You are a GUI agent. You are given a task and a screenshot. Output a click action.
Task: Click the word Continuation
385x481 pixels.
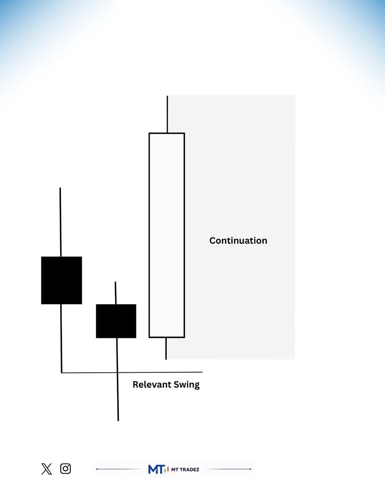click(x=238, y=241)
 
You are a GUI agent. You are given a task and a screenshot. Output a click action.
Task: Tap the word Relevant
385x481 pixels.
click(x=152, y=384)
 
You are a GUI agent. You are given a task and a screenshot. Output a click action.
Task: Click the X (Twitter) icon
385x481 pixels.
click(x=47, y=469)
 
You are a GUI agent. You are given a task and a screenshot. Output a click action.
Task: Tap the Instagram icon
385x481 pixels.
click(x=65, y=469)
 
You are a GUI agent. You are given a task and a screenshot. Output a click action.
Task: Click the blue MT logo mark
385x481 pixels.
click(x=156, y=469)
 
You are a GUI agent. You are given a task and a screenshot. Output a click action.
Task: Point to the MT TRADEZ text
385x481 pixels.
click(x=185, y=470)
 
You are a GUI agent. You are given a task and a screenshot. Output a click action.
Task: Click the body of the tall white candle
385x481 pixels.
click(x=167, y=235)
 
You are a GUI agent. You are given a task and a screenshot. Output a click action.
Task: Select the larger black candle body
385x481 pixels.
click(x=61, y=280)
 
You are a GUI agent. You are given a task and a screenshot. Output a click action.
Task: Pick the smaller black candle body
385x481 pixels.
click(x=116, y=321)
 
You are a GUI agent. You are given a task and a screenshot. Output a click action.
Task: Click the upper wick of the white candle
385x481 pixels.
click(x=167, y=114)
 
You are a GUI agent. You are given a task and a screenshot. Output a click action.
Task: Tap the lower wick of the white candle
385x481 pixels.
click(x=166, y=348)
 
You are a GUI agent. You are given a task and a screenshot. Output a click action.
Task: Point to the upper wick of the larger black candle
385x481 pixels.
click(x=61, y=222)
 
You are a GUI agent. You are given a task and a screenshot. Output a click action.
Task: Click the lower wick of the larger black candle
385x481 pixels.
click(x=61, y=338)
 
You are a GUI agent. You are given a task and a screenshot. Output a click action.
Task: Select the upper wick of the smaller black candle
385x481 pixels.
click(x=115, y=293)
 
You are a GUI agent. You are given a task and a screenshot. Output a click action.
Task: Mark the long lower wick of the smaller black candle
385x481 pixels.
click(x=118, y=379)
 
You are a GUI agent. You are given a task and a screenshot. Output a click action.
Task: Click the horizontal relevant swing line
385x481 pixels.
click(x=132, y=372)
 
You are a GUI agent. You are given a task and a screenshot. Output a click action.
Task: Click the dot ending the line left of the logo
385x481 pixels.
click(x=97, y=469)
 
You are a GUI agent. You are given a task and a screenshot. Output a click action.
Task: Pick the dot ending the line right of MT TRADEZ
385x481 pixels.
click(x=250, y=469)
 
